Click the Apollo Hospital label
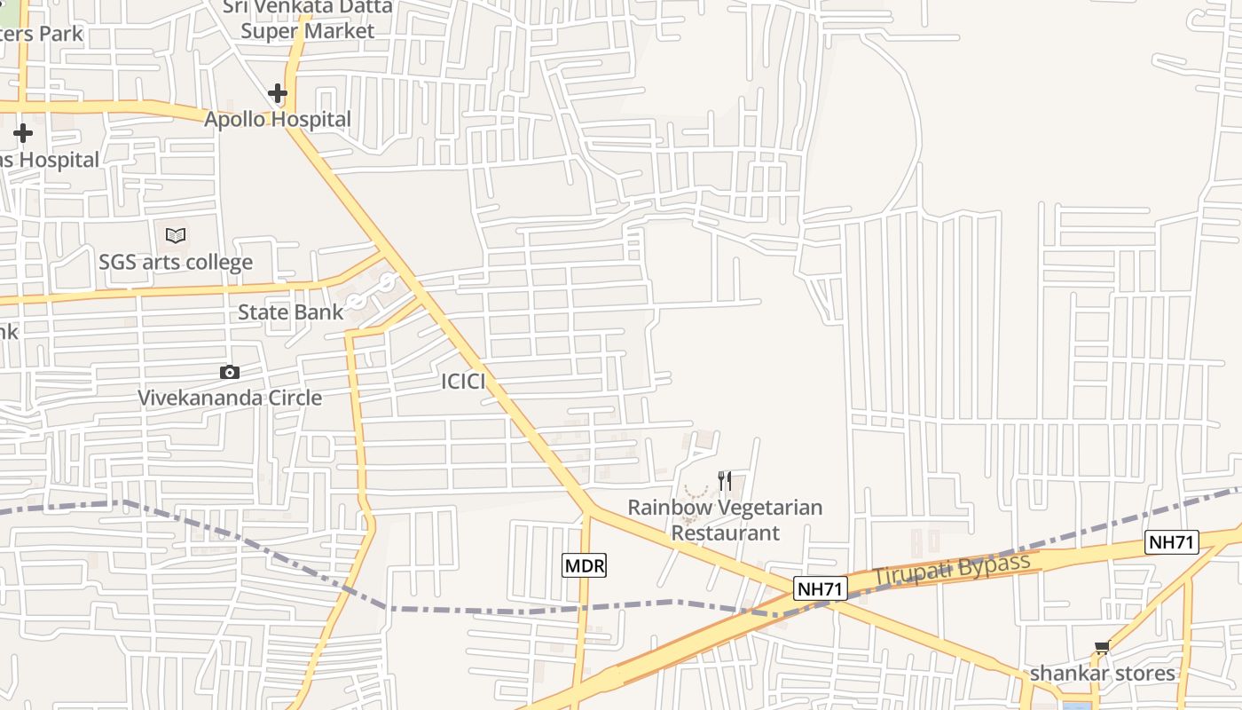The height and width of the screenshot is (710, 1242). [x=278, y=119]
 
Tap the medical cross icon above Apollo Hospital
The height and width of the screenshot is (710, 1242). [x=278, y=92]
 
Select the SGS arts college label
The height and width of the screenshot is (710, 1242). [x=176, y=263]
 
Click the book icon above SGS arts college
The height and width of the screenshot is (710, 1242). [x=176, y=235]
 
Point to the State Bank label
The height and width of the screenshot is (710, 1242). [x=290, y=312]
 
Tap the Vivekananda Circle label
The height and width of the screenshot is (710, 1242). [x=230, y=398]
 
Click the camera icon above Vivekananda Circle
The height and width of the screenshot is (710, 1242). [x=230, y=372]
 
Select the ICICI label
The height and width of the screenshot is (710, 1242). [x=463, y=382]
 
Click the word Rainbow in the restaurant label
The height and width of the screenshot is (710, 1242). [x=666, y=508]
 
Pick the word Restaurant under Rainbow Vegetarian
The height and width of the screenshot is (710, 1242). [x=725, y=533]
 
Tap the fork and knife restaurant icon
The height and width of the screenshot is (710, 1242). [x=725, y=481]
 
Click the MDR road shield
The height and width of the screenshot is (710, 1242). [x=585, y=565]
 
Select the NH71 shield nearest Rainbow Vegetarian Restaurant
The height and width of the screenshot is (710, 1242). [x=821, y=588]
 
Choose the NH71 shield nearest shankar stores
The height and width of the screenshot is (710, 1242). [x=1171, y=542]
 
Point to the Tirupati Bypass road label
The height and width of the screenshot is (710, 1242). [x=952, y=569]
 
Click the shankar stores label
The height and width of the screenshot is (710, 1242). [x=1102, y=674]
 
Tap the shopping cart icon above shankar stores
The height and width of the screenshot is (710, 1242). [x=1102, y=648]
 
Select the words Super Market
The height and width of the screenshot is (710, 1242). [x=308, y=31]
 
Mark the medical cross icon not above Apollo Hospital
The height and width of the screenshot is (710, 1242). [x=23, y=133]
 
